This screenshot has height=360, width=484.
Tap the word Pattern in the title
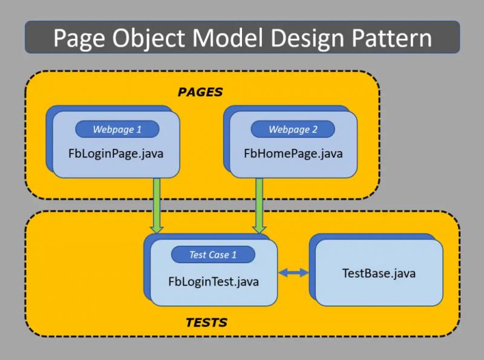391,38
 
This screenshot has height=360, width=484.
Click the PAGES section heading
200,92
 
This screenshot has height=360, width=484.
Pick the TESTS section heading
206,322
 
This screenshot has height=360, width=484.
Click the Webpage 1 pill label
117,129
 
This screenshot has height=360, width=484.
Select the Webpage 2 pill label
293,129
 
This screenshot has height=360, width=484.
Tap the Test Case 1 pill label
213,255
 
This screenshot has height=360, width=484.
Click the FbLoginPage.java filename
116,154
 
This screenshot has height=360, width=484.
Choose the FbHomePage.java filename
293,154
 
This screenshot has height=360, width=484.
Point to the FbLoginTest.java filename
214,281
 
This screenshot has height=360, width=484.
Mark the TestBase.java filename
379,273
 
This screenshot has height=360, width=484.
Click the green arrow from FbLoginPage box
157,206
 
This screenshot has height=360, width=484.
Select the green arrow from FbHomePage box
260,206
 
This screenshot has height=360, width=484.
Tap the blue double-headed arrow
293,273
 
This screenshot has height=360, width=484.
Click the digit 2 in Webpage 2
315,129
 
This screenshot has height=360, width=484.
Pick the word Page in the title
79,38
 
